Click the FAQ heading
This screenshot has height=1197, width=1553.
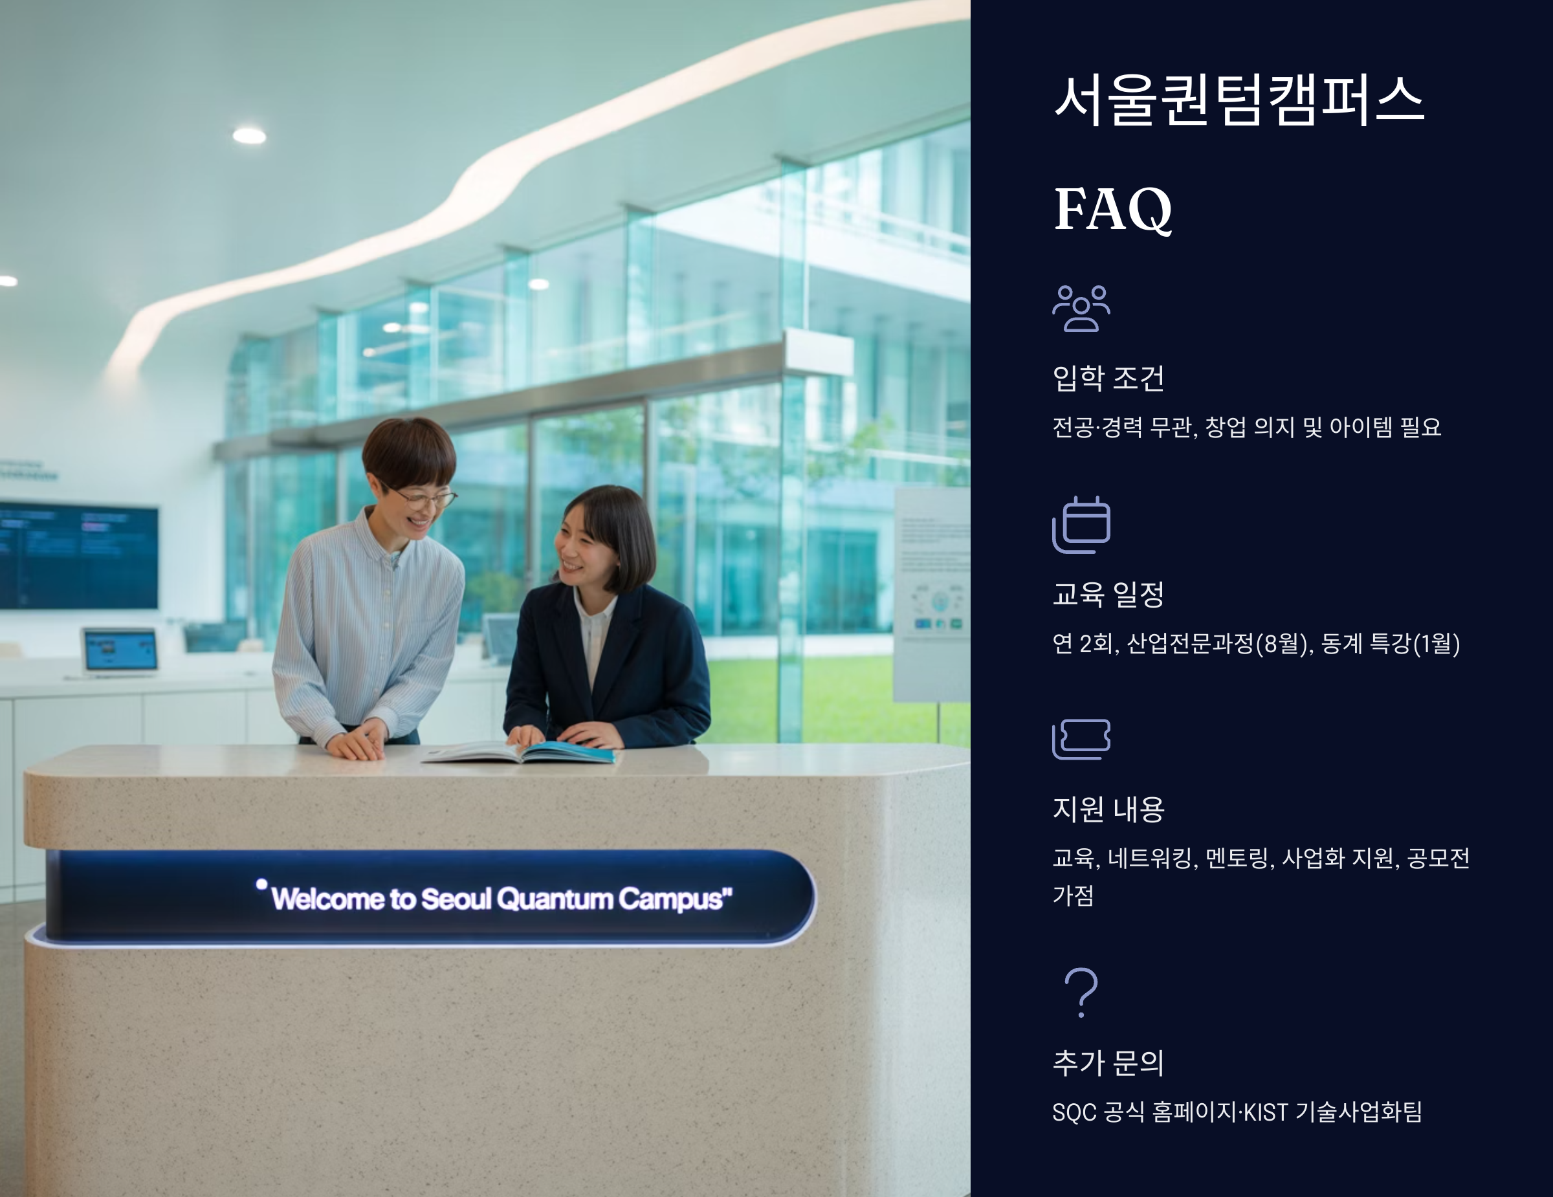(x=1112, y=209)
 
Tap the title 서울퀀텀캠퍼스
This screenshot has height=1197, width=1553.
(x=1238, y=100)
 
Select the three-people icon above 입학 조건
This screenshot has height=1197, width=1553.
(x=1081, y=308)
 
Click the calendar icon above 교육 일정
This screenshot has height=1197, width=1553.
(x=1081, y=525)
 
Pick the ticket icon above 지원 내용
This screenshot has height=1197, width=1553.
(x=1081, y=740)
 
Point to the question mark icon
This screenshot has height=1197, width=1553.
(x=1081, y=993)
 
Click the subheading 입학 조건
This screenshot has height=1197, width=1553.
(x=1108, y=378)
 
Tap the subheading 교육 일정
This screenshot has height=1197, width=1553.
(x=1108, y=594)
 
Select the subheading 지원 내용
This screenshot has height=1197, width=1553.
(x=1108, y=809)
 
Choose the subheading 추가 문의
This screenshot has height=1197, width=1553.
(x=1108, y=1062)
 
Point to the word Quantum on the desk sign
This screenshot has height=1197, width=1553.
(x=555, y=899)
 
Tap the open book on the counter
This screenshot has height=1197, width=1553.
(x=519, y=752)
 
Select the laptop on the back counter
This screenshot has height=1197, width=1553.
(x=120, y=650)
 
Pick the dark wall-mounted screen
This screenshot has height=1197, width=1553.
(x=78, y=555)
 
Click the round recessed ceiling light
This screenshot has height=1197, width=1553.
(x=249, y=135)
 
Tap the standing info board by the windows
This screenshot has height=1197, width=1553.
(x=932, y=593)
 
